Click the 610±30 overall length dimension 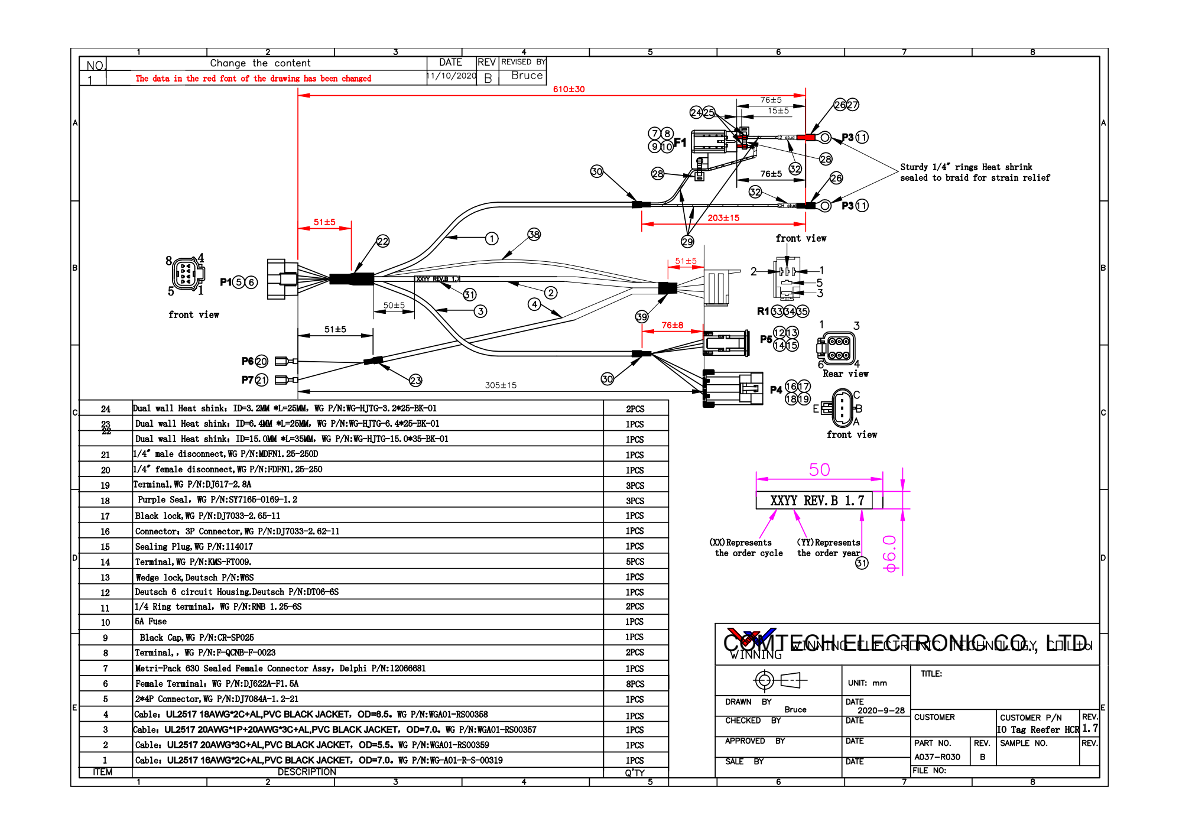tap(569, 89)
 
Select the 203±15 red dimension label tap(723, 218)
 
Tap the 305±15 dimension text tap(501, 385)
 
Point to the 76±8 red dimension tap(672, 325)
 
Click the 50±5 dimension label tap(394, 306)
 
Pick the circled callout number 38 tap(534, 235)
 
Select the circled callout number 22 tap(383, 241)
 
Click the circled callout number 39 tap(642, 317)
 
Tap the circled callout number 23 tap(415, 380)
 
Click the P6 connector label tap(248, 361)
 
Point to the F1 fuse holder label tap(680, 142)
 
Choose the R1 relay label tap(763, 311)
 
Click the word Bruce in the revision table tap(527, 76)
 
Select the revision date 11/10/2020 tap(452, 76)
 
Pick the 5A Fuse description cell tap(151, 622)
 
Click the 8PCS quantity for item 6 tap(635, 684)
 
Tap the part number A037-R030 tap(937, 757)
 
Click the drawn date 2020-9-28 tap(881, 710)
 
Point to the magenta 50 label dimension tap(819, 470)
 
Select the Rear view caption tap(845, 374)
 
